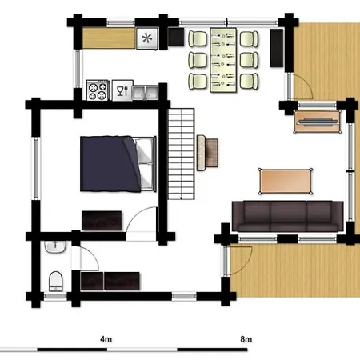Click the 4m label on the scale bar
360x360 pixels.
(x=106, y=339)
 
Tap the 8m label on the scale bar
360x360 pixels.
(x=246, y=339)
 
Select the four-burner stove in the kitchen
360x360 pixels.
(x=98, y=90)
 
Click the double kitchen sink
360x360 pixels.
(x=146, y=93)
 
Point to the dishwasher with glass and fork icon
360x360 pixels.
(x=122, y=90)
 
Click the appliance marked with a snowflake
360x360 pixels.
(x=147, y=38)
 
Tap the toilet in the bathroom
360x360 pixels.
(x=56, y=282)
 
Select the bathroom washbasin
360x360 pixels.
(x=55, y=246)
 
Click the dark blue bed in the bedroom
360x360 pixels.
(x=118, y=164)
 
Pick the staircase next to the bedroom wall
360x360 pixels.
(x=181, y=154)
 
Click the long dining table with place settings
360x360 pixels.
(x=223, y=60)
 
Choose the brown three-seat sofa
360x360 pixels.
(x=288, y=216)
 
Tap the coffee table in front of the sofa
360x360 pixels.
(x=286, y=181)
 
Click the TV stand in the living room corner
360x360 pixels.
(x=318, y=122)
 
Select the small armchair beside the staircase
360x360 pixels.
(x=207, y=153)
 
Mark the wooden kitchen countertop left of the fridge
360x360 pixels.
(x=109, y=38)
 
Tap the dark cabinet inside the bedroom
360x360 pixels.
(x=102, y=221)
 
